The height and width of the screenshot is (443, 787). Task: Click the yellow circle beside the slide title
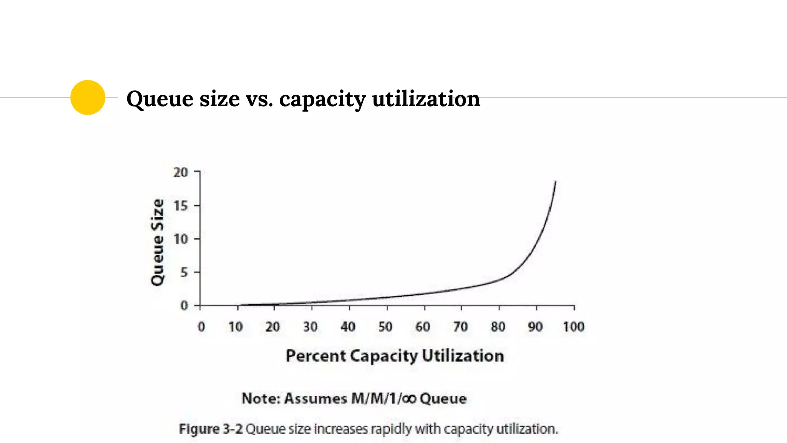pyautogui.click(x=88, y=97)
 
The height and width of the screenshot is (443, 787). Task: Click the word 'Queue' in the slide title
pyautogui.click(x=159, y=99)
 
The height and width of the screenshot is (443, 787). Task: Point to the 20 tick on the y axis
pyautogui.click(x=181, y=172)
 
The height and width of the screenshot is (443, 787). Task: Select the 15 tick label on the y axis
pyautogui.click(x=181, y=206)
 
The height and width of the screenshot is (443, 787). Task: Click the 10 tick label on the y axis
pyautogui.click(x=181, y=239)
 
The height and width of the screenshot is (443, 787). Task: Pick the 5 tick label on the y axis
pyautogui.click(x=184, y=273)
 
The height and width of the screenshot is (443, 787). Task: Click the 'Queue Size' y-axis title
pyautogui.click(x=157, y=242)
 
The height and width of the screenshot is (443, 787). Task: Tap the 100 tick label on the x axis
pyautogui.click(x=573, y=327)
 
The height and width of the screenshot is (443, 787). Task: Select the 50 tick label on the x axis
pyautogui.click(x=385, y=327)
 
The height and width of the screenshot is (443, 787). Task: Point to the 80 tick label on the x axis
pyautogui.click(x=498, y=327)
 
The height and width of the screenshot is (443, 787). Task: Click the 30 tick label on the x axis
pyautogui.click(x=310, y=327)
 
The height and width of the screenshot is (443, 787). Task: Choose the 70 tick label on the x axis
pyautogui.click(x=460, y=327)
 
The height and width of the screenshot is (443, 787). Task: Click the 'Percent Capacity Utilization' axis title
pyautogui.click(x=395, y=356)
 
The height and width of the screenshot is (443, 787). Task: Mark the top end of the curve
pyautogui.click(x=555, y=182)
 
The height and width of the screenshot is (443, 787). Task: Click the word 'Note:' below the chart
pyautogui.click(x=261, y=398)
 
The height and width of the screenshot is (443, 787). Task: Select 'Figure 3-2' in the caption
pyautogui.click(x=211, y=429)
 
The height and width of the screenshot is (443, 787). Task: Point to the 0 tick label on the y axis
pyautogui.click(x=184, y=306)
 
